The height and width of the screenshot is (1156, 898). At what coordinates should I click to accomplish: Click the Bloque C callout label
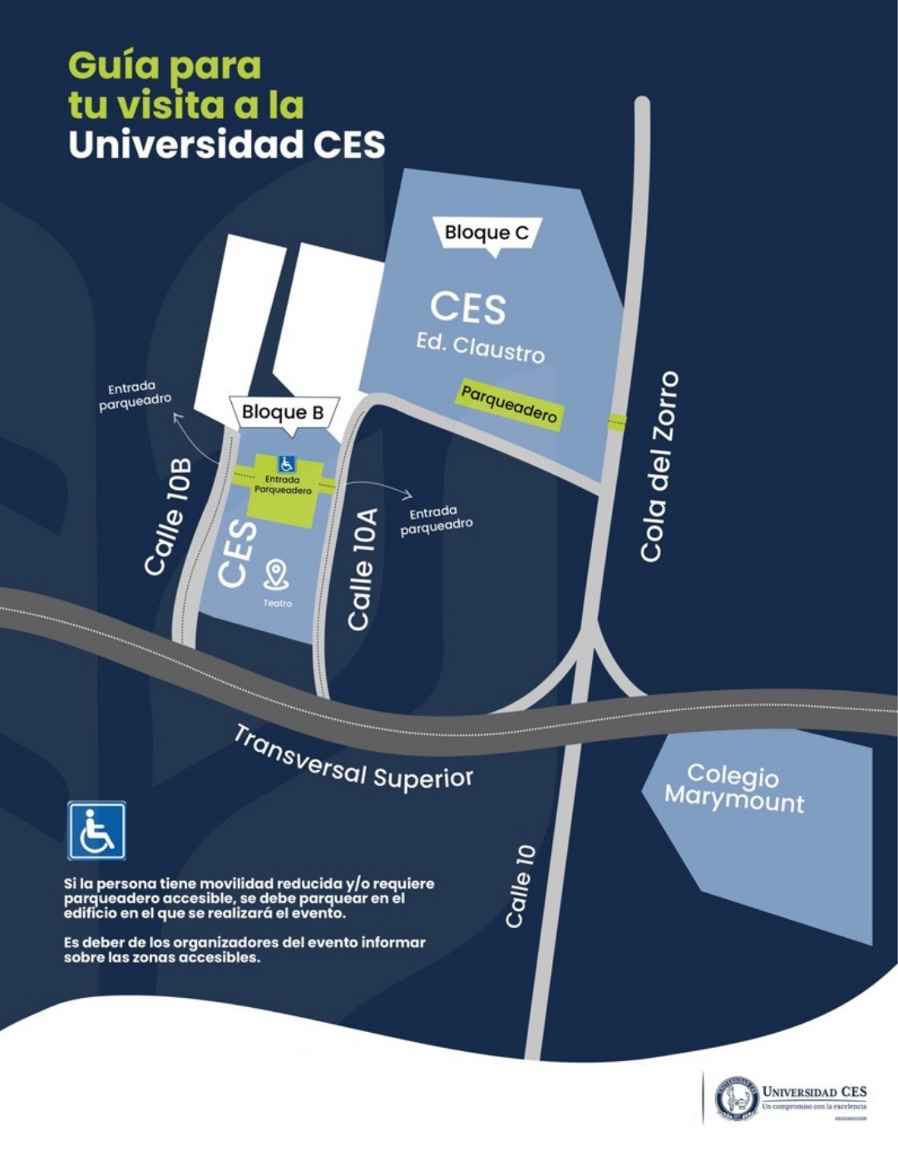point(486,233)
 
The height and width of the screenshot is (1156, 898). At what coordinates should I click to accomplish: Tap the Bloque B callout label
point(283,413)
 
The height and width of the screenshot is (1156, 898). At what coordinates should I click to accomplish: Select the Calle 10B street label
point(169,516)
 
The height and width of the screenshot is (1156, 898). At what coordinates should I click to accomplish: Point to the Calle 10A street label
point(363,569)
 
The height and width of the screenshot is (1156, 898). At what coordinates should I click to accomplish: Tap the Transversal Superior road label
point(353,759)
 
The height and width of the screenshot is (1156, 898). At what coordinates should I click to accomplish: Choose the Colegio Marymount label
point(734,788)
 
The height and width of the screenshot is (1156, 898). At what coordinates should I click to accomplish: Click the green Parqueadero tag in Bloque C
point(509,404)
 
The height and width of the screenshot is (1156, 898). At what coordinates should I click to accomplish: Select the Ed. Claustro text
point(481,347)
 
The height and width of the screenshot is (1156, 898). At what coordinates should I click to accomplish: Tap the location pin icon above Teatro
point(276,574)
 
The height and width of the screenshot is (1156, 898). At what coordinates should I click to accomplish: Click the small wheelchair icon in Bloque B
point(286,464)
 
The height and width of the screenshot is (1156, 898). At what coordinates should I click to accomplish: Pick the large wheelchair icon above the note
point(96,830)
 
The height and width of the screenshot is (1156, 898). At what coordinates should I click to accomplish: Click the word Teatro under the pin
point(277,604)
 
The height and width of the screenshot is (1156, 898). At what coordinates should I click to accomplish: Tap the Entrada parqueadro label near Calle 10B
point(135,395)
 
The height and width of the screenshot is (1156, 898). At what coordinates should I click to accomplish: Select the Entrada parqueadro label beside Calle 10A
point(436,521)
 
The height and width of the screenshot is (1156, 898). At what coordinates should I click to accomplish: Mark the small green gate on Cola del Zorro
point(617,422)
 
